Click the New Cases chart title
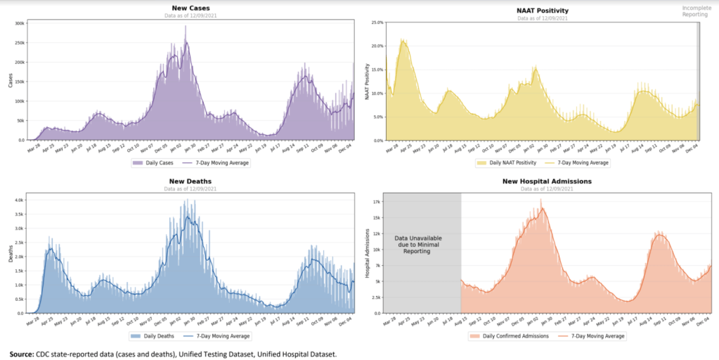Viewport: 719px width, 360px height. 190,8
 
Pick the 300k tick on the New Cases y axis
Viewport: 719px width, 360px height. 20,23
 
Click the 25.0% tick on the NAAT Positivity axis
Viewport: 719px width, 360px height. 375,22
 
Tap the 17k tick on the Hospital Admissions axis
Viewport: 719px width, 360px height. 377,201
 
